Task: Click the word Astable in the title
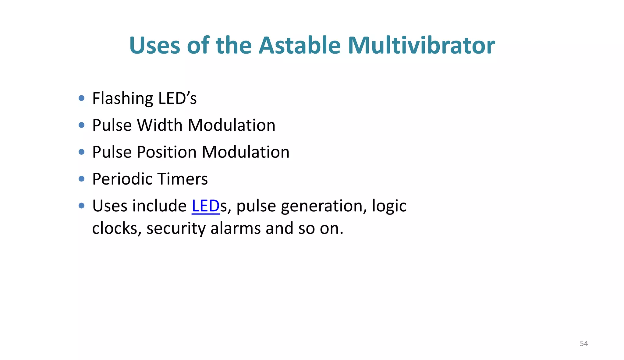299,45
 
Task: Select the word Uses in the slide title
154,45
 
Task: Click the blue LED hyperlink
206,206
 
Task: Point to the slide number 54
583,344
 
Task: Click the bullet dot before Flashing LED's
81,98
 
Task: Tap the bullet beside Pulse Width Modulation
81,125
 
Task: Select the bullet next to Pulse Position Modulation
81,152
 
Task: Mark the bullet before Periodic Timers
81,179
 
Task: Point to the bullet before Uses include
81,206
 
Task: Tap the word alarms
236,228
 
